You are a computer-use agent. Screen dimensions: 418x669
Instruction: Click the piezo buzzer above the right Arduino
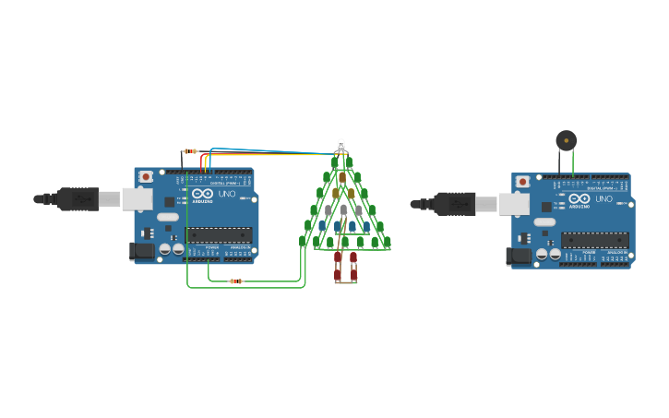566,140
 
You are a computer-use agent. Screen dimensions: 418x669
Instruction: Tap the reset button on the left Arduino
146,176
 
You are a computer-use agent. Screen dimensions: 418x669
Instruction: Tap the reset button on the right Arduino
523,182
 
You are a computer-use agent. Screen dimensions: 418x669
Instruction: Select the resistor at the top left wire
191,150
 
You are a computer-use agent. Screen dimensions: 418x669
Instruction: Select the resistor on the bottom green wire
235,281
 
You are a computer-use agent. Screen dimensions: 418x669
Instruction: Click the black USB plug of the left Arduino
78,198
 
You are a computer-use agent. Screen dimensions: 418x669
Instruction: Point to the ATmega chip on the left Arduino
218,234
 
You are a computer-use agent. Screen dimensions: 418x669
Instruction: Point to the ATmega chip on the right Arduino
594,240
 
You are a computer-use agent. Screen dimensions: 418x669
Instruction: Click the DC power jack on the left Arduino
142,250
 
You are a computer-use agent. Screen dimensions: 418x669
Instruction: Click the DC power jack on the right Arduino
520,256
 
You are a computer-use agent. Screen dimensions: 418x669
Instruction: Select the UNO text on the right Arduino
603,199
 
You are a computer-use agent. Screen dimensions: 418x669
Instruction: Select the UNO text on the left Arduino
227,194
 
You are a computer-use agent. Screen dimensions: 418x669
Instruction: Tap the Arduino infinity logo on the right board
579,198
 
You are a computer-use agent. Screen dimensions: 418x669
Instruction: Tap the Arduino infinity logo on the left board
202,193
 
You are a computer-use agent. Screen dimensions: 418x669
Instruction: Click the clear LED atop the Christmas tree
340,144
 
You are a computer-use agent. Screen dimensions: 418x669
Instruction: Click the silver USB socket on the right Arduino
513,204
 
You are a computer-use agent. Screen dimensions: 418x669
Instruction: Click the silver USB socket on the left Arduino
137,198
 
